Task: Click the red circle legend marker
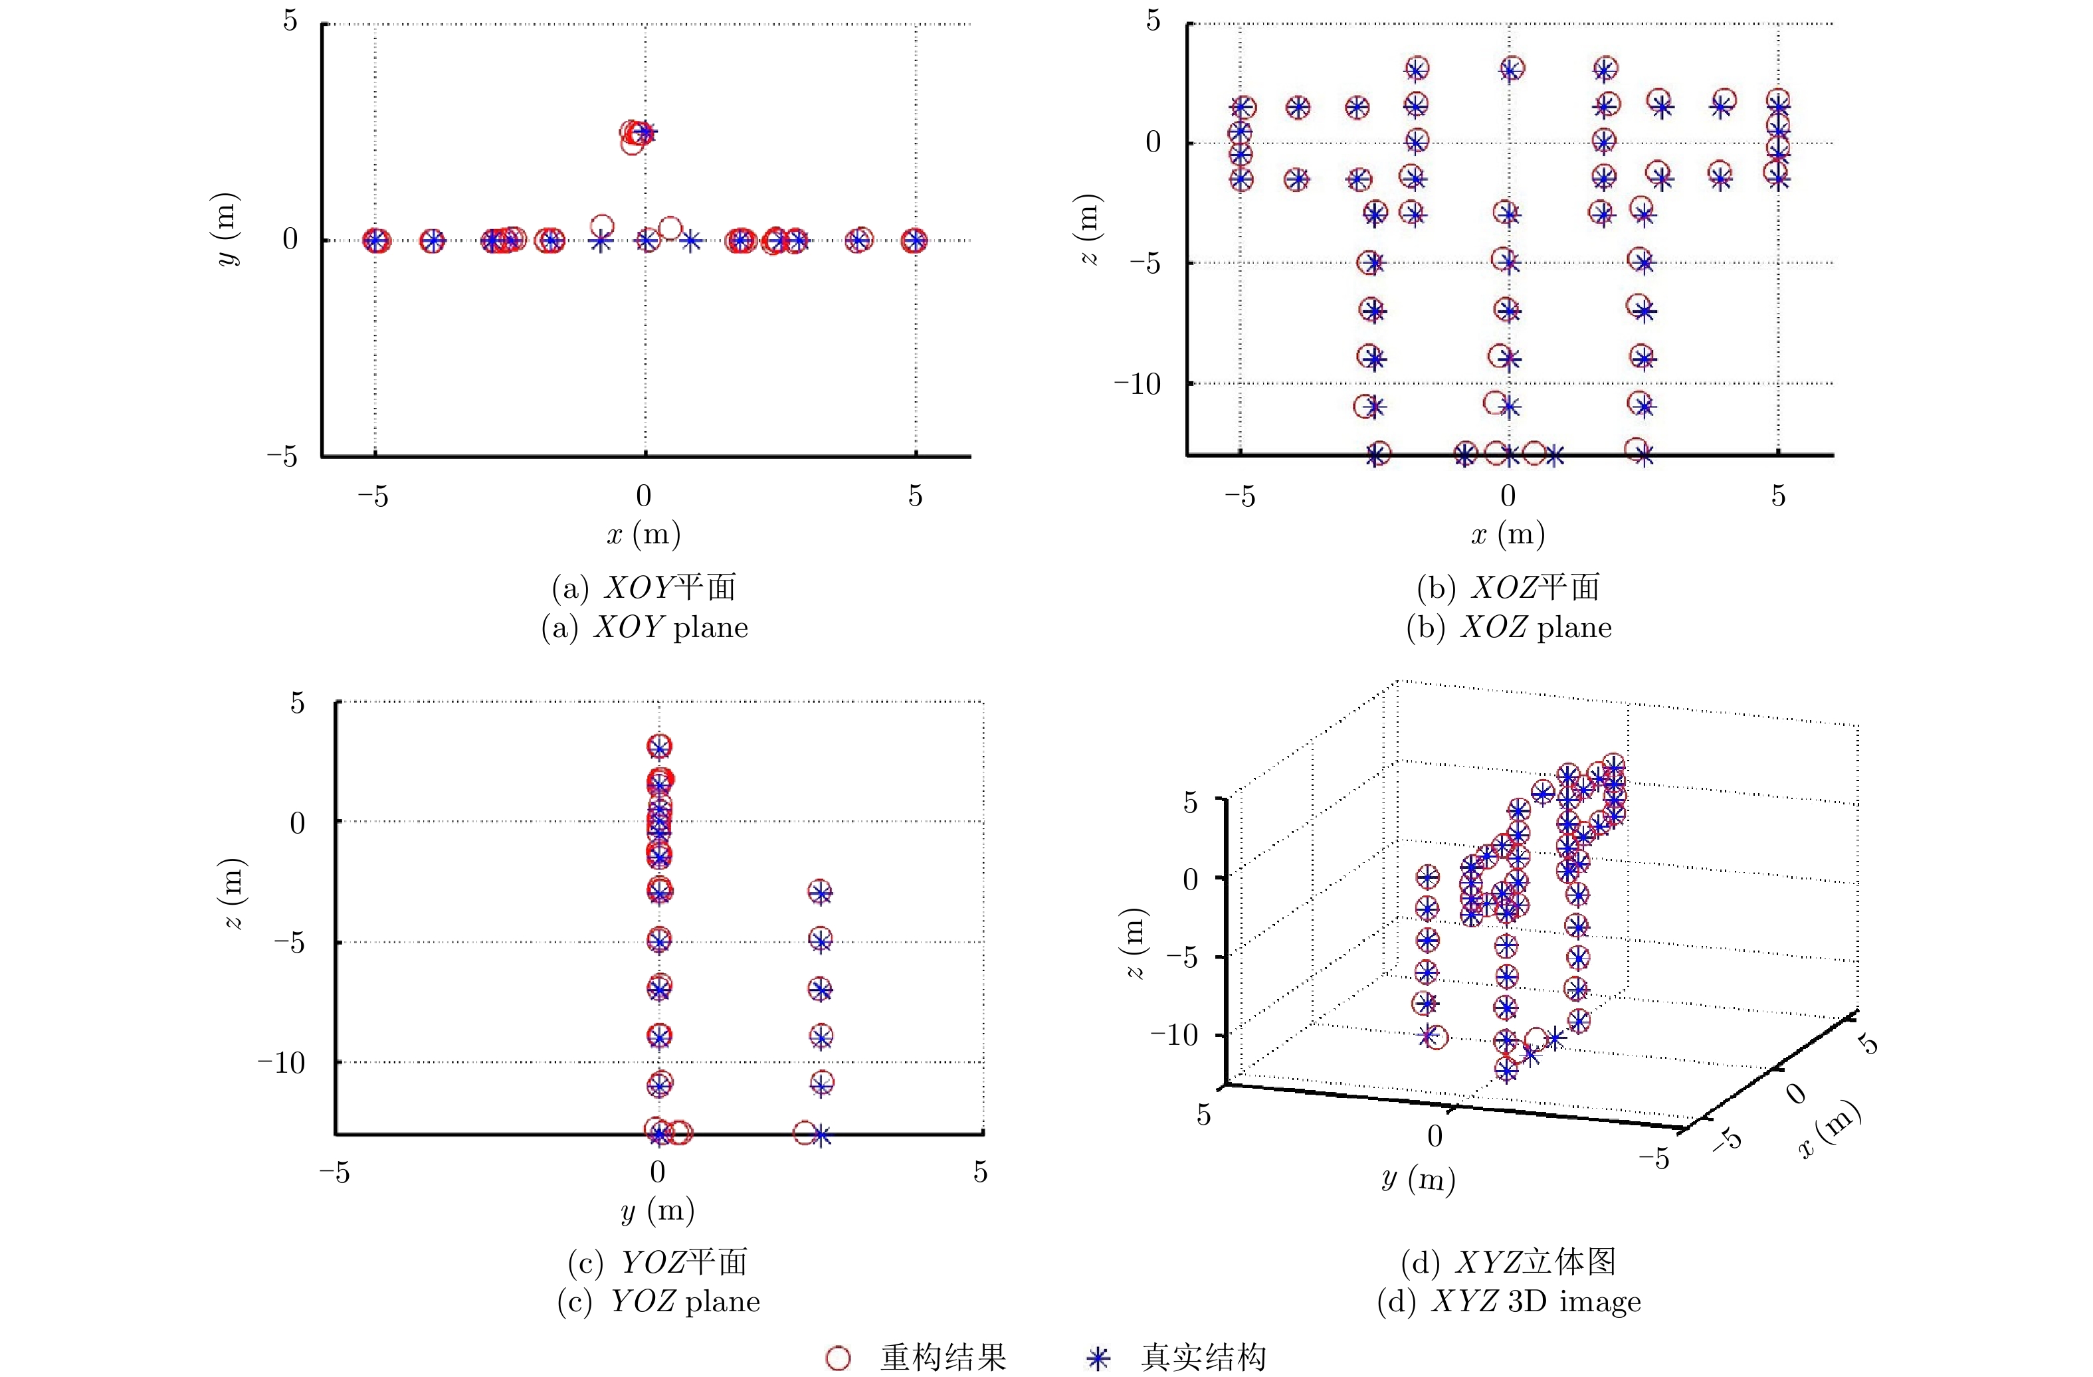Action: pos(838,1358)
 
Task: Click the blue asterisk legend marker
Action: pos(1098,1358)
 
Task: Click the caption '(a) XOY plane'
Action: pos(645,627)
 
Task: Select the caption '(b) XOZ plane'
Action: pos(1509,627)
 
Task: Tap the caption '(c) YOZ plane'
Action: pos(658,1301)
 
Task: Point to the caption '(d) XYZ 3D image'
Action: pos(1509,1301)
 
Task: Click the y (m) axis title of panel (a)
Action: pos(227,229)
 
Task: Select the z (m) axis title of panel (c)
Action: pos(234,893)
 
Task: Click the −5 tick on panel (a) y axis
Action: pos(283,456)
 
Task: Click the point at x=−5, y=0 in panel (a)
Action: pos(376,240)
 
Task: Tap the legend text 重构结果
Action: pos(944,1358)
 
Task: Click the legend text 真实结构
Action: pos(1204,1358)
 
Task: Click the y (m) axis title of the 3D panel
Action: pos(1419,1179)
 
